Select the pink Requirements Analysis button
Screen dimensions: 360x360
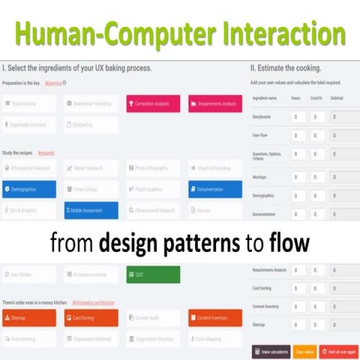click(x=214, y=103)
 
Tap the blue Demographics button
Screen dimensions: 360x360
click(x=28, y=190)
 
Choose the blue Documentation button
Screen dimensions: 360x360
click(x=214, y=190)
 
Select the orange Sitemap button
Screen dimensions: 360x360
click(x=28, y=317)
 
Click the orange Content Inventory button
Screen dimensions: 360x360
click(x=214, y=317)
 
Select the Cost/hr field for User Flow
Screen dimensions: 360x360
click(x=318, y=136)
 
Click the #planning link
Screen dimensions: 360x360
click(x=54, y=83)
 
